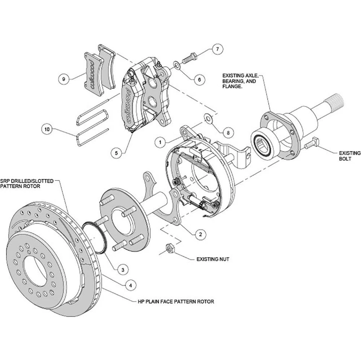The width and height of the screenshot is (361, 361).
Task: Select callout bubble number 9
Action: click(x=64, y=79)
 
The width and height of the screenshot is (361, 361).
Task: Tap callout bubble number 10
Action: click(x=47, y=129)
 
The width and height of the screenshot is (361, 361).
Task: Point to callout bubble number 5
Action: click(x=116, y=153)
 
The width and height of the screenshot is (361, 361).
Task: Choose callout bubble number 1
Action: click(x=160, y=143)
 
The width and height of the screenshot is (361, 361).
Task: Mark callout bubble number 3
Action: click(x=123, y=269)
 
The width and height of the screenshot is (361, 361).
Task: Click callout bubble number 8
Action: click(x=228, y=132)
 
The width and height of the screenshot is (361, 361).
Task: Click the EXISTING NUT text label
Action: click(x=213, y=259)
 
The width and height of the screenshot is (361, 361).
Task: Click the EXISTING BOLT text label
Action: click(x=349, y=156)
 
